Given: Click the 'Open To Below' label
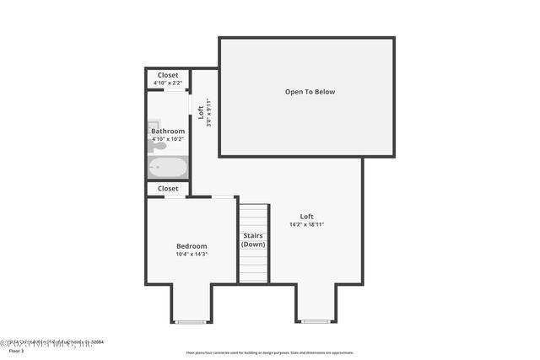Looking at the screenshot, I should [310, 91].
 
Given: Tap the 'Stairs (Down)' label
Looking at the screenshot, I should [253, 239].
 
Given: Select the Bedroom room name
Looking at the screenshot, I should [192, 246].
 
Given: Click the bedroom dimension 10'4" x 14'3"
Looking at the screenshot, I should [192, 254].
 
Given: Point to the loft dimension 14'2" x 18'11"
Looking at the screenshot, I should [306, 224].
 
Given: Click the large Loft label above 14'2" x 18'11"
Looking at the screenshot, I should [306, 217].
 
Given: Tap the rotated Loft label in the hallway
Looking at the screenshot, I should [201, 111].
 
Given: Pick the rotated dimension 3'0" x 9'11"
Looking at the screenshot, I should [208, 111].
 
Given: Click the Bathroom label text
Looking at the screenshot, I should [168, 132].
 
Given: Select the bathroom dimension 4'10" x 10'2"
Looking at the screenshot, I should [168, 138].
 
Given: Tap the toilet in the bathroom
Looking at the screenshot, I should [152, 146].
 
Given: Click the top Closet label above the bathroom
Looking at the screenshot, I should [168, 75].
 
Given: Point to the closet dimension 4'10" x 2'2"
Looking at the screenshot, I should [168, 82].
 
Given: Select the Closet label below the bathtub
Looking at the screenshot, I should [168, 189].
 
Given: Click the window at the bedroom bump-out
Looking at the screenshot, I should [191, 321].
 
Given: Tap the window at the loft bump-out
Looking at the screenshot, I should [316, 321].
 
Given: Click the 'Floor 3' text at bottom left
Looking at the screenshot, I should [17, 351].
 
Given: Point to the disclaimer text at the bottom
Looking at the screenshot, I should [269, 352].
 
